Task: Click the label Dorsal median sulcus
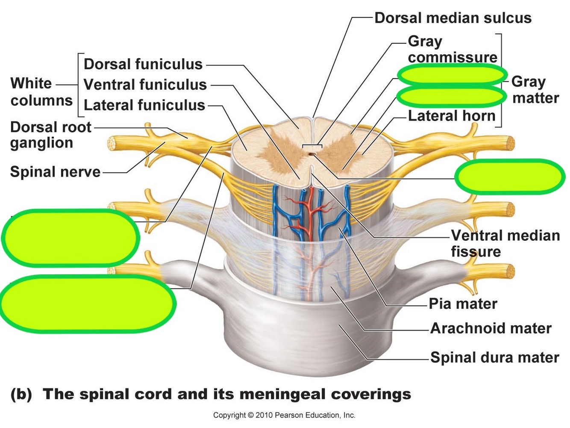452,18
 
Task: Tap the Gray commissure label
452,49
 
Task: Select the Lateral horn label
452,115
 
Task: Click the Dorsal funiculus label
143,64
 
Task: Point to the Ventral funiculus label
145,85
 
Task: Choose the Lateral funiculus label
144,105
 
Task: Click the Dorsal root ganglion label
50,135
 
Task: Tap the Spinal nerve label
55,172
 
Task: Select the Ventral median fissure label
505,243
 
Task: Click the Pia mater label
463,304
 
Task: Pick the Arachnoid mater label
491,328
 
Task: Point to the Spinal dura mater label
494,357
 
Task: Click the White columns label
41,92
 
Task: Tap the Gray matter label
535,90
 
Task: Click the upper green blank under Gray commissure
452,75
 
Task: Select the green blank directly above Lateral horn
450,96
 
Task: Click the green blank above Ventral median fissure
509,177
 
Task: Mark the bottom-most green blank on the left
88,304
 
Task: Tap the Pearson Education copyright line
284,415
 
